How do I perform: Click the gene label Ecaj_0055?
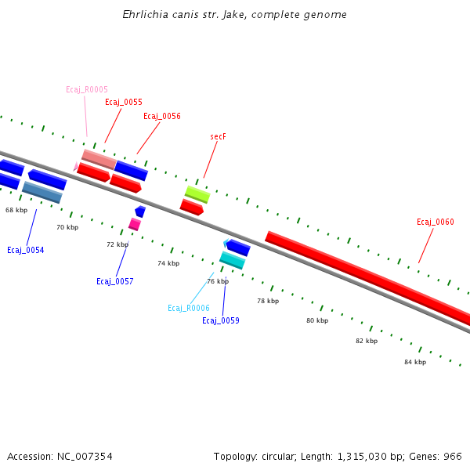(x=124, y=102)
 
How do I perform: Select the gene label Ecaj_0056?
(x=162, y=116)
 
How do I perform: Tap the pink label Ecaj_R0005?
(x=87, y=89)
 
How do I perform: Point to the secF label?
(x=218, y=136)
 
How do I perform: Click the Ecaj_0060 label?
(x=436, y=222)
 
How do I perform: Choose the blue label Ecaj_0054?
(x=26, y=250)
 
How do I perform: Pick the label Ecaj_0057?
(x=115, y=281)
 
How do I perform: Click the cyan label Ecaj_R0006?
(x=189, y=308)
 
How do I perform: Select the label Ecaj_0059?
(x=221, y=320)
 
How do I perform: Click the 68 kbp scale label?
(x=16, y=210)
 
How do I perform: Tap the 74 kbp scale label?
(x=168, y=263)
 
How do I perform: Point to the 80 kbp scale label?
(x=317, y=320)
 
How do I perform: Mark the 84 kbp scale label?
(x=415, y=362)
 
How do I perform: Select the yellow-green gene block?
(x=197, y=193)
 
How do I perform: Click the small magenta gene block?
(x=134, y=225)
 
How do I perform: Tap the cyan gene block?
(x=232, y=260)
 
